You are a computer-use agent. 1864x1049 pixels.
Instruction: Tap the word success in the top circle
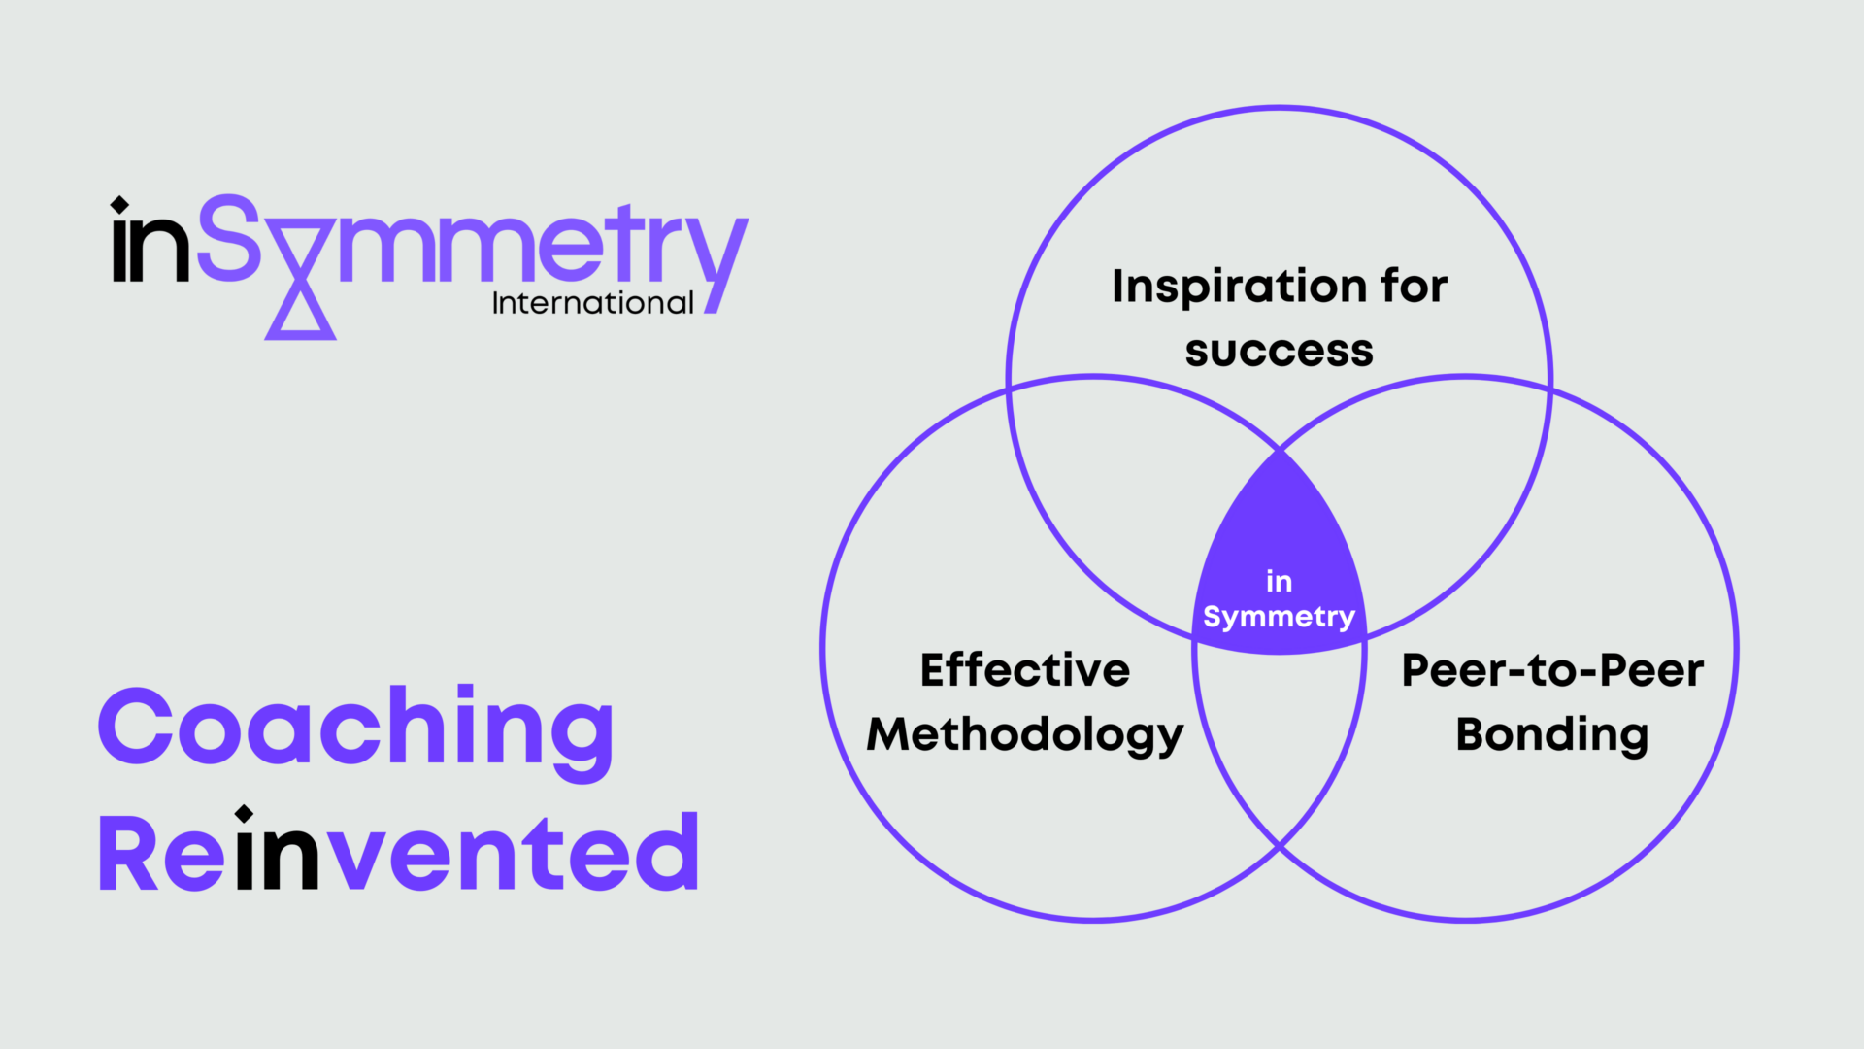pyautogui.click(x=1280, y=352)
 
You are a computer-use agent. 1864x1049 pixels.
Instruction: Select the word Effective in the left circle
pyautogui.click(x=1025, y=670)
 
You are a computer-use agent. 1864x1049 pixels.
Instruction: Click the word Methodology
pyautogui.click(x=1025, y=736)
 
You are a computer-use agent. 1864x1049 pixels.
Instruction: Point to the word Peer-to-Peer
pyautogui.click(x=1552, y=670)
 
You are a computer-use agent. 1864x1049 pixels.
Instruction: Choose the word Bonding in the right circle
pyautogui.click(x=1552, y=736)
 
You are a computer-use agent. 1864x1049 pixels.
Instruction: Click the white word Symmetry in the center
pyautogui.click(x=1280, y=618)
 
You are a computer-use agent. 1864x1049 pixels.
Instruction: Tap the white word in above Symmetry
pyautogui.click(x=1280, y=581)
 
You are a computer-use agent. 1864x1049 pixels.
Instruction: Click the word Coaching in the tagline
pyautogui.click(x=356, y=733)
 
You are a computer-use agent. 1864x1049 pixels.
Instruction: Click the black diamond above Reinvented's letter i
pyautogui.click(x=245, y=814)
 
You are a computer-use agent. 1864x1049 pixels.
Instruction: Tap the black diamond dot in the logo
pyautogui.click(x=119, y=205)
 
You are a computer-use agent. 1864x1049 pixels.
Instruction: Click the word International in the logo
pyautogui.click(x=593, y=303)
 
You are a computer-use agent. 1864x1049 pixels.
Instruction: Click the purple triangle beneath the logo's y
pyautogui.click(x=301, y=313)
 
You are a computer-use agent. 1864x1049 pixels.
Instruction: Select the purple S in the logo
pyautogui.click(x=229, y=238)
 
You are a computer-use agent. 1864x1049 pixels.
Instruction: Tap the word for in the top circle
pyautogui.click(x=1415, y=286)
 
